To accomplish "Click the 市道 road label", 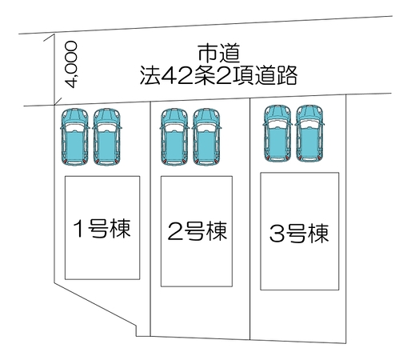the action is point(219,54).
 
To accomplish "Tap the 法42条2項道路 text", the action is point(218,76).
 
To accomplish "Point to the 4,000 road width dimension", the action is point(71,64).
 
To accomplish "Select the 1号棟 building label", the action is point(102,228).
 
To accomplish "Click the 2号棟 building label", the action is point(198,231).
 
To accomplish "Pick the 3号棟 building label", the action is point(299,234).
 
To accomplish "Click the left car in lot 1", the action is point(74,137).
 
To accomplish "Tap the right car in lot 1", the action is point(107,137).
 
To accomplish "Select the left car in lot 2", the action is point(174,137).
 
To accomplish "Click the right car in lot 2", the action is point(206,137).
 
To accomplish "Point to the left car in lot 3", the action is point(277,134).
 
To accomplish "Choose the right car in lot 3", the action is point(309,134).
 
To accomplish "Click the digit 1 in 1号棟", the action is point(78,229).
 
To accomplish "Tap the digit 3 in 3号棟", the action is point(277,234).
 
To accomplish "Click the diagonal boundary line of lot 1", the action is point(95,304).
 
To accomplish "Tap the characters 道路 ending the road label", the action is point(276,76).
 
